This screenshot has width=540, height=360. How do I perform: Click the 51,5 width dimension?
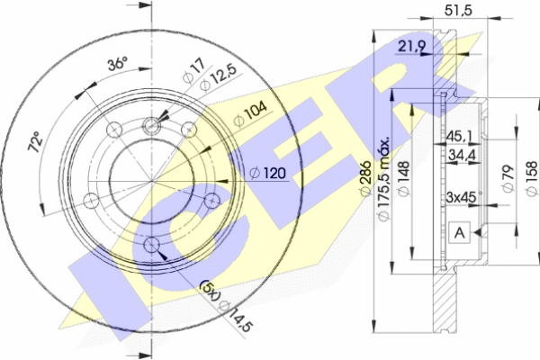pyautogui.click(x=458, y=10)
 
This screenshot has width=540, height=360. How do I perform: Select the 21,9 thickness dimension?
pyautogui.click(x=412, y=46)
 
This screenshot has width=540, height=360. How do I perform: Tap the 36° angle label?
pyautogui.click(x=117, y=63)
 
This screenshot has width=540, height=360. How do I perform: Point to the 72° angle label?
pyautogui.click(x=36, y=141)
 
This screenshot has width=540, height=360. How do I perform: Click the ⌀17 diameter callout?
pyautogui.click(x=193, y=71)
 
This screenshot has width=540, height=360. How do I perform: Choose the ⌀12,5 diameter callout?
pyautogui.click(x=218, y=78)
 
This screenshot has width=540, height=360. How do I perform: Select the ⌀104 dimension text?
pyautogui.click(x=249, y=113)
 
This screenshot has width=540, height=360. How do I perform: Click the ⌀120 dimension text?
pyautogui.click(x=268, y=173)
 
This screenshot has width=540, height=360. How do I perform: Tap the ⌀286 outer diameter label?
pyautogui.click(x=365, y=178)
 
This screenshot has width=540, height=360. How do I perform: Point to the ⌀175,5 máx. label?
pyautogui.click(x=383, y=178)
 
